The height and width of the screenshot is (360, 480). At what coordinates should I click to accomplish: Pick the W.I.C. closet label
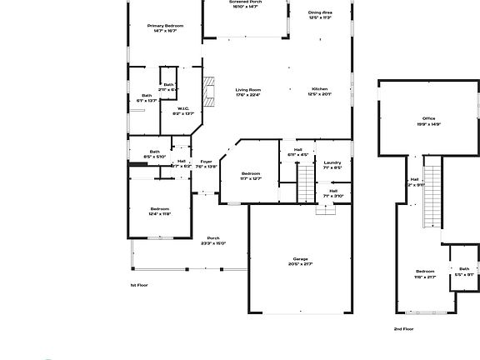(x=182, y=110)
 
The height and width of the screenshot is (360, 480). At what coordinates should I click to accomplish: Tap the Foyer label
(x=206, y=163)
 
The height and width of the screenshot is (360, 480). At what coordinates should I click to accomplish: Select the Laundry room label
(x=332, y=164)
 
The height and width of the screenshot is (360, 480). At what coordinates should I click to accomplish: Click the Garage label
(x=300, y=261)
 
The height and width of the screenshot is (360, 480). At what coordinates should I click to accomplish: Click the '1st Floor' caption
(x=140, y=285)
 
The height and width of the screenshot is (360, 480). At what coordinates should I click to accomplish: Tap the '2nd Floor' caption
(x=404, y=329)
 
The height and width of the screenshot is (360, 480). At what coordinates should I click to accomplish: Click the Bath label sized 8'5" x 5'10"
(x=154, y=153)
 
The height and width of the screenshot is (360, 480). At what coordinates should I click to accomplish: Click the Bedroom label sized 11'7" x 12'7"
(x=251, y=175)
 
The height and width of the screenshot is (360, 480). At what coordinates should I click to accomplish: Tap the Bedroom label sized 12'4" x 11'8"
(x=160, y=211)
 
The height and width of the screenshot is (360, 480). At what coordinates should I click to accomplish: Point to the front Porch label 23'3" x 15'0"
(x=212, y=241)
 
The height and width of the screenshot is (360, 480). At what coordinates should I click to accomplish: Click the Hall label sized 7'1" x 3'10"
(x=332, y=193)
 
